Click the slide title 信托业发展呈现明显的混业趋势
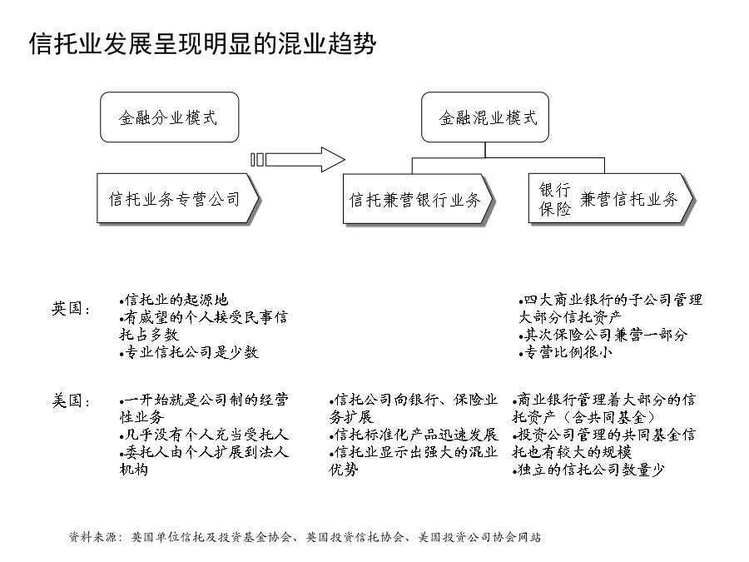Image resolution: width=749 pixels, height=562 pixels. [x=202, y=44]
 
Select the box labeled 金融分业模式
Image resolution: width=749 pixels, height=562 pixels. [x=169, y=117]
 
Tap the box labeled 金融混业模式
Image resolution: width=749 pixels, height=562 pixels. [x=485, y=117]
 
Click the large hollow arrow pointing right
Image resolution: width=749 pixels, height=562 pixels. [x=298, y=160]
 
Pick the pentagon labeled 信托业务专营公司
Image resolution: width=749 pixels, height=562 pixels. [x=178, y=198]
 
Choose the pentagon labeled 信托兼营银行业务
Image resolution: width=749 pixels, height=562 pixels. [x=418, y=199]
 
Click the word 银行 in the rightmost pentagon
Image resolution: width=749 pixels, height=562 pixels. [x=554, y=190]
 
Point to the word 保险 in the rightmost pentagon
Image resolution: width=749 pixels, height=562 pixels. [x=554, y=208]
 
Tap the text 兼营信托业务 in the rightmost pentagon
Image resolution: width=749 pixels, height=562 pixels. [x=628, y=199]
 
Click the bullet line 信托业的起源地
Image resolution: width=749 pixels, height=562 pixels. [x=174, y=300]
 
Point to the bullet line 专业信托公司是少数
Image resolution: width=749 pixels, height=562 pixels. [x=189, y=352]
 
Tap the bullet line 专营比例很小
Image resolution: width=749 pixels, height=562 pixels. [x=566, y=352]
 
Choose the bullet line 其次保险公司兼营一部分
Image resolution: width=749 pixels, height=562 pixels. [x=603, y=335]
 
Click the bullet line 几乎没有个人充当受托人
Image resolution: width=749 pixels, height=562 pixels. [x=204, y=435]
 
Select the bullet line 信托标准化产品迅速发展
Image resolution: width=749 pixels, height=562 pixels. [x=414, y=435]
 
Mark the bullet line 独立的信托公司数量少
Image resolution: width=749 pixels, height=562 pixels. [x=588, y=470]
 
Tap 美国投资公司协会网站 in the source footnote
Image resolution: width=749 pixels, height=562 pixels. [x=479, y=537]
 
